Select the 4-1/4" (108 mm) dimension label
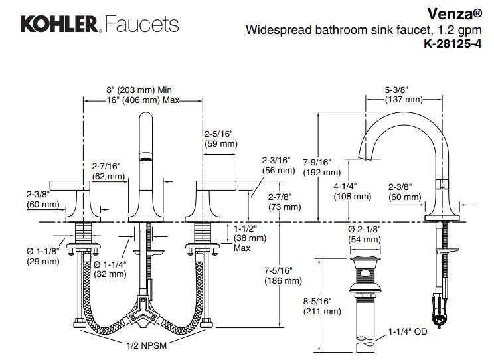tap(352, 191)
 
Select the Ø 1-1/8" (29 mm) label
tap(43, 256)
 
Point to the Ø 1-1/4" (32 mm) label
tap(110, 268)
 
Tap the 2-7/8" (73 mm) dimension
tap(278, 202)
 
